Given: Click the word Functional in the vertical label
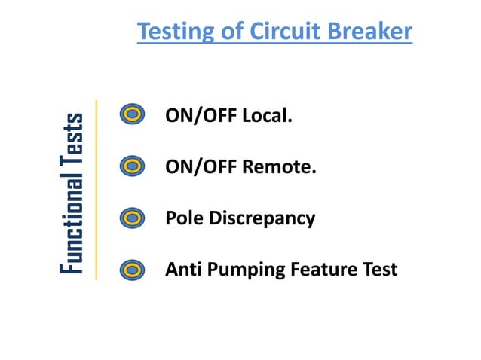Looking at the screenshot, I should (x=73, y=218).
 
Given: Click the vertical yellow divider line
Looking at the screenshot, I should (x=97, y=190).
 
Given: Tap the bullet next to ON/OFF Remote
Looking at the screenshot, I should (x=133, y=166).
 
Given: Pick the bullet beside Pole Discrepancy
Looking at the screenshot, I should (x=133, y=218).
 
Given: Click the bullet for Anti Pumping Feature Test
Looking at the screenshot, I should (x=133, y=268).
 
